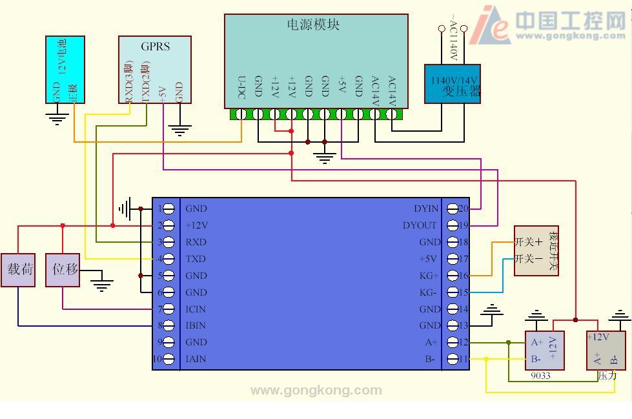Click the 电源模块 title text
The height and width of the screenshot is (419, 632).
pyautogui.click(x=313, y=25)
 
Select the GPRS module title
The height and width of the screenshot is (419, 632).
pyautogui.click(x=155, y=46)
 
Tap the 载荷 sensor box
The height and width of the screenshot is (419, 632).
pyautogui.click(x=18, y=269)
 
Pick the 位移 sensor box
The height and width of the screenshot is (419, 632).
pyautogui.click(x=63, y=269)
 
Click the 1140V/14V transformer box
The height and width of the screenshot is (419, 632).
pyautogui.click(x=453, y=84)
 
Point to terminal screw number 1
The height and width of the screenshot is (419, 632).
pyautogui.click(x=168, y=209)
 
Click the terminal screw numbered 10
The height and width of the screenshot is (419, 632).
pyautogui.click(x=168, y=359)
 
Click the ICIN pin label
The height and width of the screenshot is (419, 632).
pyautogui.click(x=196, y=309)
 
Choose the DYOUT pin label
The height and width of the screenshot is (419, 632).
pyautogui.click(x=420, y=225)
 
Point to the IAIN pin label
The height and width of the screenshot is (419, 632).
pyautogui.click(x=196, y=359)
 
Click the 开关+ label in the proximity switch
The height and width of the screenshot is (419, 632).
pyautogui.click(x=528, y=243)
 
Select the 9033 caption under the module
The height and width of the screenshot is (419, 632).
pyautogui.click(x=540, y=375)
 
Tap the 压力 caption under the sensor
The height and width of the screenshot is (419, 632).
pyautogui.click(x=607, y=375)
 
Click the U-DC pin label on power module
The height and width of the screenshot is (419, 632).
pyautogui.click(x=241, y=88)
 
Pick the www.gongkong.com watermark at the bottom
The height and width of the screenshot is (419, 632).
pyautogui.click(x=316, y=390)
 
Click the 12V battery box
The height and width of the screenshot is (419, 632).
pyautogui.click(x=65, y=69)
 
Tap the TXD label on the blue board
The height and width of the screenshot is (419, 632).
pyautogui.click(x=196, y=259)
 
